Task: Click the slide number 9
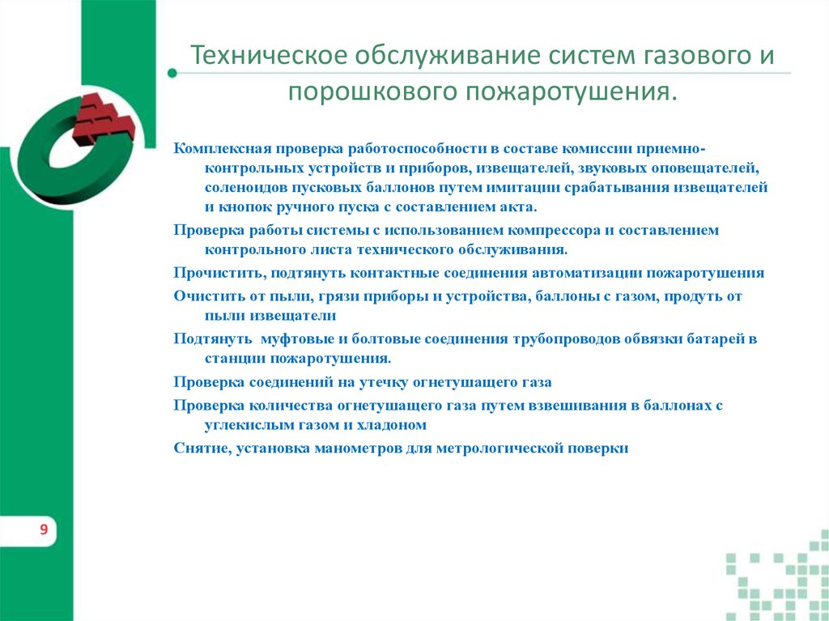point(43,530)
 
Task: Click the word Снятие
point(202,447)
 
